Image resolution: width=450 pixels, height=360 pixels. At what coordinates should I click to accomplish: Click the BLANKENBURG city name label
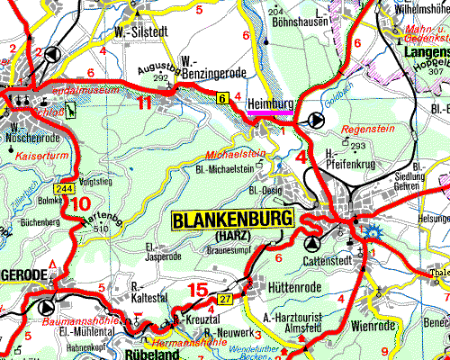231,220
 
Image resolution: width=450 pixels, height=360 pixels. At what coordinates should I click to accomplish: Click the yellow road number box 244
64,188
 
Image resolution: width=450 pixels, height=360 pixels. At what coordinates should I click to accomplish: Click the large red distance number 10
80,204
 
